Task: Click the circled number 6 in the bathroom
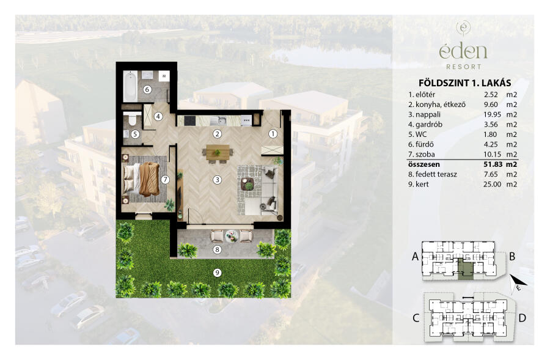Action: tap(147, 89)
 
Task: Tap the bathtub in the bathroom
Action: tap(130, 86)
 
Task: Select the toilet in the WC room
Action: tap(132, 119)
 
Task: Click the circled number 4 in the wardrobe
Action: tap(158, 116)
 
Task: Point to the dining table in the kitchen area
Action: tap(218, 152)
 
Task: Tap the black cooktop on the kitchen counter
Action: tap(190, 120)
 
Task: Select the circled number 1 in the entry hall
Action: tap(273, 134)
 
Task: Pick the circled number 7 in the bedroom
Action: tap(165, 180)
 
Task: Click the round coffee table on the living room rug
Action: tap(249, 184)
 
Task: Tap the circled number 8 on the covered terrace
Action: tap(217, 249)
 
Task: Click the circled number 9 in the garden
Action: tap(217, 272)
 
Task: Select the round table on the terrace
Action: tap(232, 235)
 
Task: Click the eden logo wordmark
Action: tap(463, 51)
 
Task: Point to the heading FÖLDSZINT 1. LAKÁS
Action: tap(465, 83)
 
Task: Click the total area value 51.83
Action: tap(492, 164)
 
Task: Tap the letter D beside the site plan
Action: tap(522, 318)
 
